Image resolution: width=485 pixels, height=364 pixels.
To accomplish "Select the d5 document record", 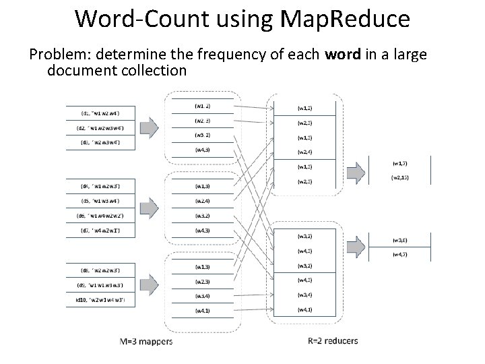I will coord(101,200).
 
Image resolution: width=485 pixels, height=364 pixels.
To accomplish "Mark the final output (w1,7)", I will coord(400,163).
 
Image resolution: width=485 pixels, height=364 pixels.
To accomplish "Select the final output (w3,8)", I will coord(400,240).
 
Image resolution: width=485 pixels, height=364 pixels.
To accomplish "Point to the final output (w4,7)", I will coord(400,254).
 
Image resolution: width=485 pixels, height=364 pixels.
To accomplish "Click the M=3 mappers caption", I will coord(146,340).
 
